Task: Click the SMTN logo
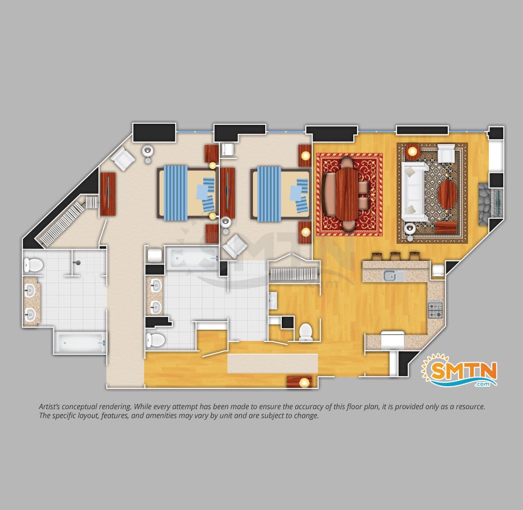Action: point(459,370)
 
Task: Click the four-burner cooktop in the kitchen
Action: point(435,310)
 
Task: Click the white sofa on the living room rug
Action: point(414,192)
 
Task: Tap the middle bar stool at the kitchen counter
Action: point(395,256)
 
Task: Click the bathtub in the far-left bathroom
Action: point(81,342)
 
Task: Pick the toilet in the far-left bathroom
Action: point(33,265)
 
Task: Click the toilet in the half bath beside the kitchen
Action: point(305,332)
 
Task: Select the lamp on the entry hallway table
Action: point(304,382)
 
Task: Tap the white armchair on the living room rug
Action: point(446,153)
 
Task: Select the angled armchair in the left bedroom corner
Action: point(123,158)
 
